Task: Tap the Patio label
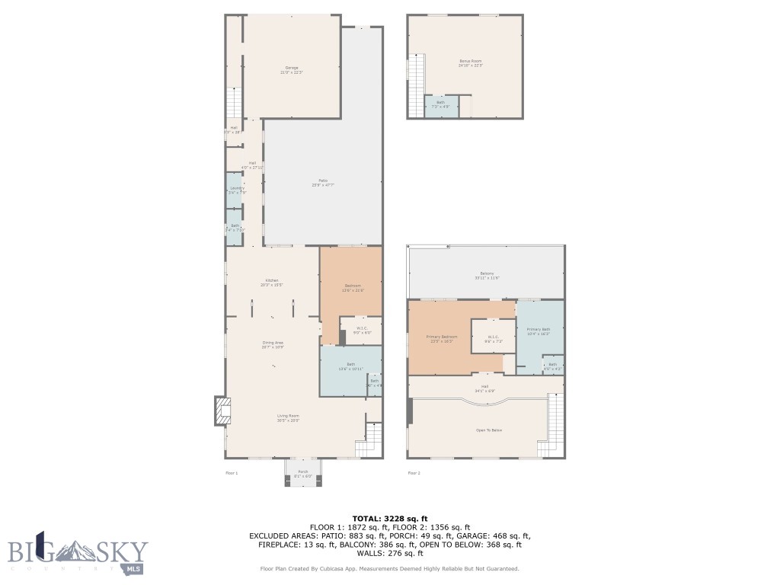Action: pos(323,181)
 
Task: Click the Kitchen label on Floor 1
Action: pos(273,280)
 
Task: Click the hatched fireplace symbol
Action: pos(221,411)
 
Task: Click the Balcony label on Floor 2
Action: pos(487,273)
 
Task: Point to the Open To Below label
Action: pos(488,430)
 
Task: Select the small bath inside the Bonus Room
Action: pos(440,105)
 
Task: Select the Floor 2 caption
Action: pos(414,473)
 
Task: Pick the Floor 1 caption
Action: pos(232,473)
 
